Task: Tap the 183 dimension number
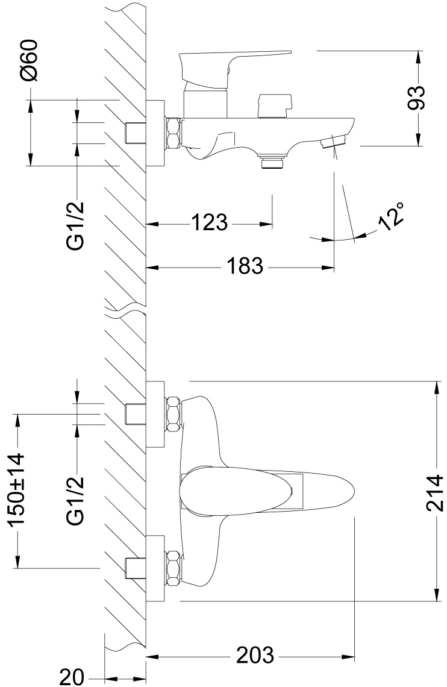pyautogui.click(x=245, y=265)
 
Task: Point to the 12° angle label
pyautogui.click(x=391, y=215)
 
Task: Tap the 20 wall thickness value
pyautogui.click(x=72, y=676)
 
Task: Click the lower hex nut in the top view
pyautogui.click(x=173, y=568)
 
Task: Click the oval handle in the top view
pyautogui.click(x=265, y=491)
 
